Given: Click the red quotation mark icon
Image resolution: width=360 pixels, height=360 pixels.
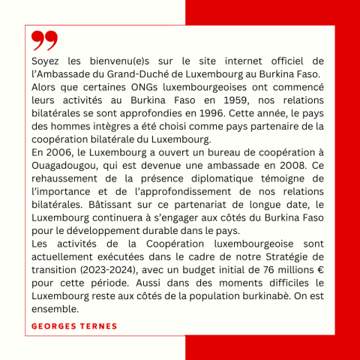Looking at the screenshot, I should coord(44,39).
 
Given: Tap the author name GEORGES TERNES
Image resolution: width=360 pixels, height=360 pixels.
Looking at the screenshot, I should coord(75,326).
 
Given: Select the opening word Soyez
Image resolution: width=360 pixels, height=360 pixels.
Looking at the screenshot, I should coord(46,60).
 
